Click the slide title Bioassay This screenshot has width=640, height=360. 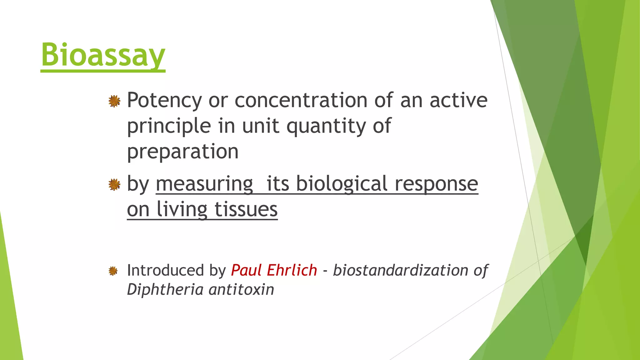(103, 55)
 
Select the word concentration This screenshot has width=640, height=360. (301, 101)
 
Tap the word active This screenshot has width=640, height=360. (458, 101)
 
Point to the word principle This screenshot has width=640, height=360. (169, 126)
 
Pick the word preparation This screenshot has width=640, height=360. (182, 152)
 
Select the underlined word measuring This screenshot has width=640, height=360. (204, 184)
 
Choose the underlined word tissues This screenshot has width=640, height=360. (246, 209)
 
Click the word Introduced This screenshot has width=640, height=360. (165, 270)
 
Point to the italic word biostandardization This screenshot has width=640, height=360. (400, 270)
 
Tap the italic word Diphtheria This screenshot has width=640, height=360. (165, 289)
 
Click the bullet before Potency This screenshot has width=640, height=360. (114, 101)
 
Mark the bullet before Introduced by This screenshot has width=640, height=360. (113, 271)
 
